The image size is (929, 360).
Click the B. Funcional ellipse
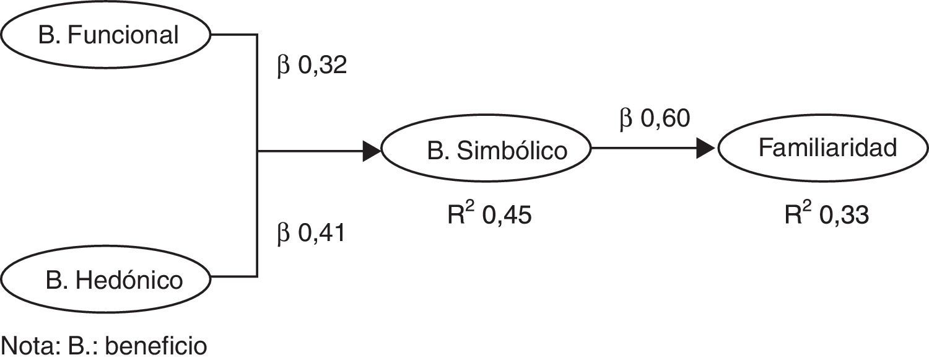tap(107, 35)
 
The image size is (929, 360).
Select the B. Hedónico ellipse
tap(107, 280)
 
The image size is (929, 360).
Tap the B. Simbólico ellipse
tap(486, 151)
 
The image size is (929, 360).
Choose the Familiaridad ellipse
tap(822, 149)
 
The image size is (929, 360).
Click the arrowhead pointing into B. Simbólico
tap(370, 151)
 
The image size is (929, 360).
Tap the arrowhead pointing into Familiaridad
tap(706, 149)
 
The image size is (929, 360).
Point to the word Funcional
tap(123, 35)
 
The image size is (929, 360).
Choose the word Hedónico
tap(130, 281)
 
